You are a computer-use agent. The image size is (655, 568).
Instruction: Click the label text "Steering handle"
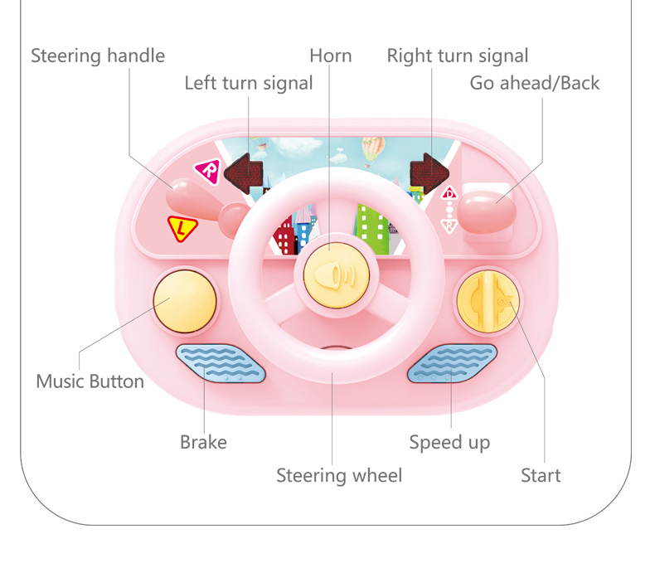pyautogui.click(x=98, y=56)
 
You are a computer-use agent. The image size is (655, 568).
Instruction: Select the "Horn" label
pyautogui.click(x=331, y=56)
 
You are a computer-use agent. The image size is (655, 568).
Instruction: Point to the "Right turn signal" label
pyautogui.click(x=458, y=56)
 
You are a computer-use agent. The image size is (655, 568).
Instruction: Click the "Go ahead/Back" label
pyautogui.click(x=534, y=83)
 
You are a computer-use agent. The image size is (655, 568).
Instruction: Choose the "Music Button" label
pyautogui.click(x=90, y=382)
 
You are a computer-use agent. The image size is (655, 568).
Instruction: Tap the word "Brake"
pyautogui.click(x=203, y=442)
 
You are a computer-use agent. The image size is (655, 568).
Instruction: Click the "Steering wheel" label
pyautogui.click(x=339, y=476)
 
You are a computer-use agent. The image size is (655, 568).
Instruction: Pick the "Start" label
pyautogui.click(x=541, y=476)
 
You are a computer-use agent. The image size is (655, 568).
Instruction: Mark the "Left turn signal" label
pyautogui.click(x=249, y=83)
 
